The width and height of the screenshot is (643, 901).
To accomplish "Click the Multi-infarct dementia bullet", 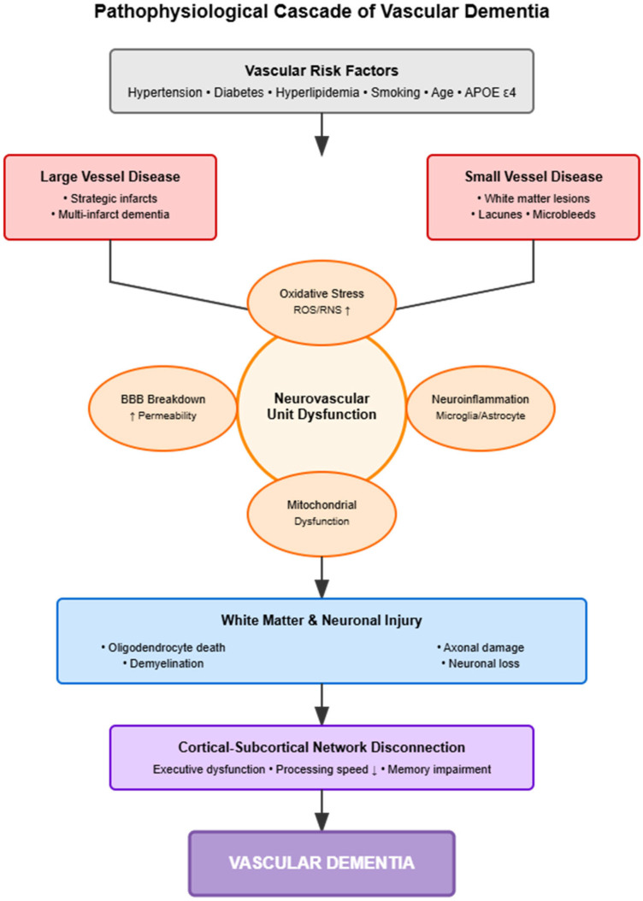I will pyautogui.click(x=109, y=213).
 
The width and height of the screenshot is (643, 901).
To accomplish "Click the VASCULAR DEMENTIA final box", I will pyautogui.click(x=321, y=863).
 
